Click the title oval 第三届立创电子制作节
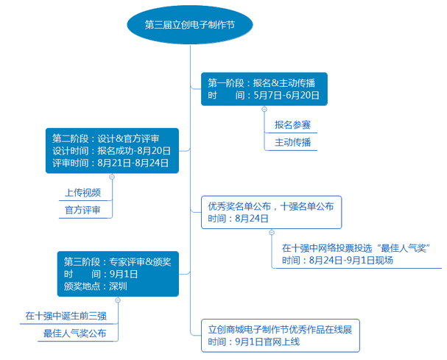pos(190,24)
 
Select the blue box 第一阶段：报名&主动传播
pos(264,88)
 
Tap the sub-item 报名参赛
pos(292,124)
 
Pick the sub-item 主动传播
pos(292,142)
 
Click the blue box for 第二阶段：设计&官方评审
pos(111,149)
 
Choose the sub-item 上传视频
pos(82,193)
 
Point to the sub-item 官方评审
pos(82,211)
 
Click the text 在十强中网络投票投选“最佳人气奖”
pos(356,247)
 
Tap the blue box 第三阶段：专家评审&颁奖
pos(117,273)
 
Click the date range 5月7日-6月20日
pos(286,96)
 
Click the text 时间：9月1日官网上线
pos(253,342)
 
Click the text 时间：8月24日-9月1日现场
pos(337,261)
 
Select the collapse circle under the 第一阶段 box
pos(264,110)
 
